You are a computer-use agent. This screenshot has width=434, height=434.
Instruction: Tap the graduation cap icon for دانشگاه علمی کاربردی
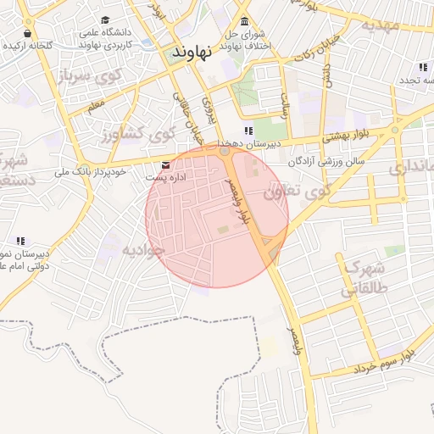[x=105, y=20]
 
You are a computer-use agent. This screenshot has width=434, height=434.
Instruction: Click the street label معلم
[x=97, y=107]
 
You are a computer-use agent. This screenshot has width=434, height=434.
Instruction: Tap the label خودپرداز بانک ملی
[x=90, y=172]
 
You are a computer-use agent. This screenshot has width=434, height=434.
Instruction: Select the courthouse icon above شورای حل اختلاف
[x=245, y=21]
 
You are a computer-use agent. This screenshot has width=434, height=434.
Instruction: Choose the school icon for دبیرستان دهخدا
[x=248, y=131]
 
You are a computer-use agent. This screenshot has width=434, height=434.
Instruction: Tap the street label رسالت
[x=285, y=105]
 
